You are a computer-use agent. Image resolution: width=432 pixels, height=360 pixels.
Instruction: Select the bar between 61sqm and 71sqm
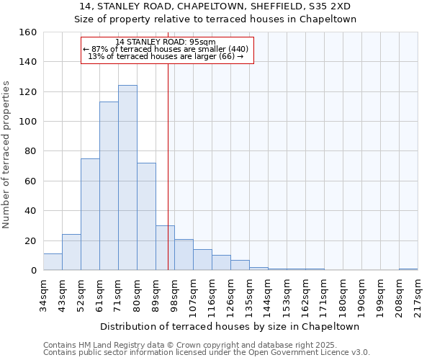pos(109,186)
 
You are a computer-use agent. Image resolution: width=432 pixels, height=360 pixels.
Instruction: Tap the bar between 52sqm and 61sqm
pos(90,215)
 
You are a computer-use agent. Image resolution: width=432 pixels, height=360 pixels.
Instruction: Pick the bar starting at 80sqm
pos(146,217)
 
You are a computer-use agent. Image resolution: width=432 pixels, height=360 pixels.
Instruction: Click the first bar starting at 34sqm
pos(53,262)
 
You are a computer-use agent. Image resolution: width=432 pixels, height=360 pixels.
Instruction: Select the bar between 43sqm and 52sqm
pos(71,252)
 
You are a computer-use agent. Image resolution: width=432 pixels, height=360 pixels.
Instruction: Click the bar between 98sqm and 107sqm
pos(184,255)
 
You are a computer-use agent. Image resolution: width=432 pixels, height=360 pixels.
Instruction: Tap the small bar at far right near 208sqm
pos(408,269)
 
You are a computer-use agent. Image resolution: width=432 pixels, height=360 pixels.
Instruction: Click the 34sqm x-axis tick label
pos(43,293)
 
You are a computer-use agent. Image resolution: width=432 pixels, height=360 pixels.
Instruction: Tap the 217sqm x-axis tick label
pos(418,293)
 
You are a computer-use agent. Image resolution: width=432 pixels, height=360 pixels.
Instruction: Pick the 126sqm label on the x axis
pos(230,293)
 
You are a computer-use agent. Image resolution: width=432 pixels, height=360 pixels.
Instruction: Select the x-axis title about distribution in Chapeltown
pos(230,326)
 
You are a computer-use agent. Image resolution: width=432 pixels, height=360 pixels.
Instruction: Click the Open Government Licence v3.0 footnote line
pos(206,353)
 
